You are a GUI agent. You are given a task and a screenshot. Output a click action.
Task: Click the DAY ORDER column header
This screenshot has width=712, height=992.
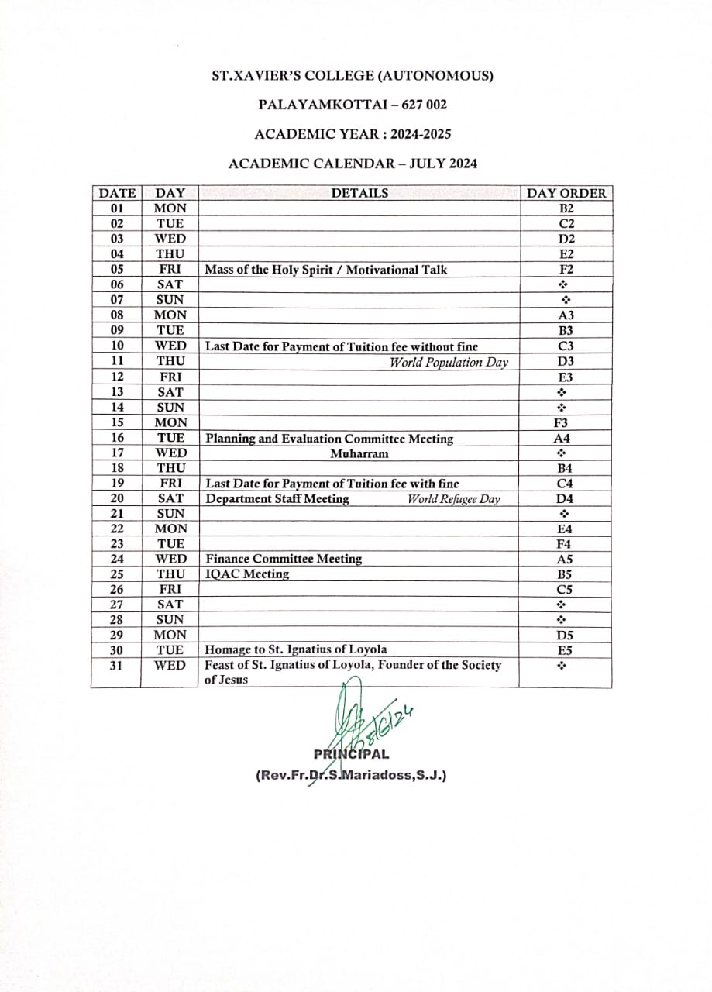(x=566, y=193)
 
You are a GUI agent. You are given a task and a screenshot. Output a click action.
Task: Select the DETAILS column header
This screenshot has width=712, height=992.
(x=359, y=193)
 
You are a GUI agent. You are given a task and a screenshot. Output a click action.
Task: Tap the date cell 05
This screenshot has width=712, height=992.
(x=117, y=270)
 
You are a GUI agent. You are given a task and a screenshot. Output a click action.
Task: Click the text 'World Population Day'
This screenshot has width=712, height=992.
(x=449, y=362)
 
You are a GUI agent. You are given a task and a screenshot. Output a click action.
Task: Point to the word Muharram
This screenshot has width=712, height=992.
(x=359, y=453)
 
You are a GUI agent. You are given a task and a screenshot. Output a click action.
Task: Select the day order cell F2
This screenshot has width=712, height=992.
(x=566, y=270)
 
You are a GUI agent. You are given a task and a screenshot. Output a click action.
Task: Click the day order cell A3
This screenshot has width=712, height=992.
(x=566, y=315)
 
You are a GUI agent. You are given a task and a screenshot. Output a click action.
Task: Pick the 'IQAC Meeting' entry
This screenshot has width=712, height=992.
(x=247, y=574)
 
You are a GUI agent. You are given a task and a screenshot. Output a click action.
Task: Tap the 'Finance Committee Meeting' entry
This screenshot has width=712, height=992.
(x=284, y=559)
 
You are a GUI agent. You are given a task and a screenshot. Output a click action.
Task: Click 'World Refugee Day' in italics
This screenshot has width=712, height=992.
(x=454, y=499)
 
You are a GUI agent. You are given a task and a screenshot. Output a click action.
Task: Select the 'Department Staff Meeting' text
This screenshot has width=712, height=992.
(x=277, y=499)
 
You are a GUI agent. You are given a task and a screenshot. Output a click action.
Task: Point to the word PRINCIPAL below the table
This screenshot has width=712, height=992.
(x=351, y=754)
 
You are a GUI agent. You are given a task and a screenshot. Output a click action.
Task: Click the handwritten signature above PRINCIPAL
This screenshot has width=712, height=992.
(x=364, y=717)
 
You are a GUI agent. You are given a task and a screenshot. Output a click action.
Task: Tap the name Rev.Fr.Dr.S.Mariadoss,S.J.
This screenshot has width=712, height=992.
(x=351, y=774)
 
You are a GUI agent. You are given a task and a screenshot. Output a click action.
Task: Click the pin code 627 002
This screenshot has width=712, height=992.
(x=425, y=104)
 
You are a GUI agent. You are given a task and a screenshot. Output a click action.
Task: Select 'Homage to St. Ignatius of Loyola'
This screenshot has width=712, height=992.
(x=296, y=649)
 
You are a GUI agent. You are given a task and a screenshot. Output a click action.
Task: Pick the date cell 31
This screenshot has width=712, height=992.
(x=117, y=666)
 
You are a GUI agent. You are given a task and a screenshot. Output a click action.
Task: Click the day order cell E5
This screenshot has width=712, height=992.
(x=566, y=650)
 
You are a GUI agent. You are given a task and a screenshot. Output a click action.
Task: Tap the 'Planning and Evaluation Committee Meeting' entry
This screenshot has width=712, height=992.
(x=329, y=439)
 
